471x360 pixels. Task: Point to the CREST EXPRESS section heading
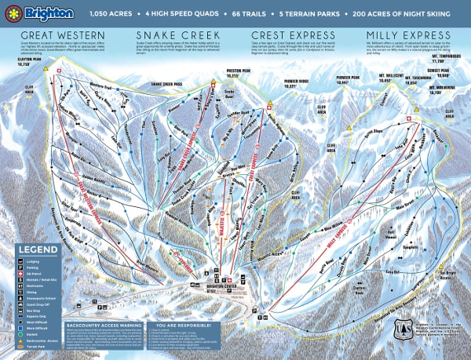point(288,36)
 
